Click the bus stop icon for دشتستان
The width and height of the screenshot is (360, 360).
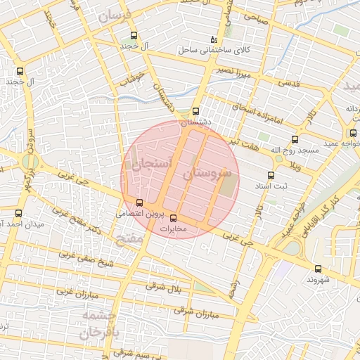pos(195,111)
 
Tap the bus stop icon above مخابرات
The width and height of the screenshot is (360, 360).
pos(174,218)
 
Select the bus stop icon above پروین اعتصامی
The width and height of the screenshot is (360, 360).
pos(139,202)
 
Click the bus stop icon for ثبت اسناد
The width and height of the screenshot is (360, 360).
pos(271,175)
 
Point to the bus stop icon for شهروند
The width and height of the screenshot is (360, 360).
pos(318,268)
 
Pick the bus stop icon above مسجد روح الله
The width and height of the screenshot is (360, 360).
pos(295,139)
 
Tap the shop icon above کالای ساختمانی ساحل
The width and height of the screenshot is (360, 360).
pos(214,39)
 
